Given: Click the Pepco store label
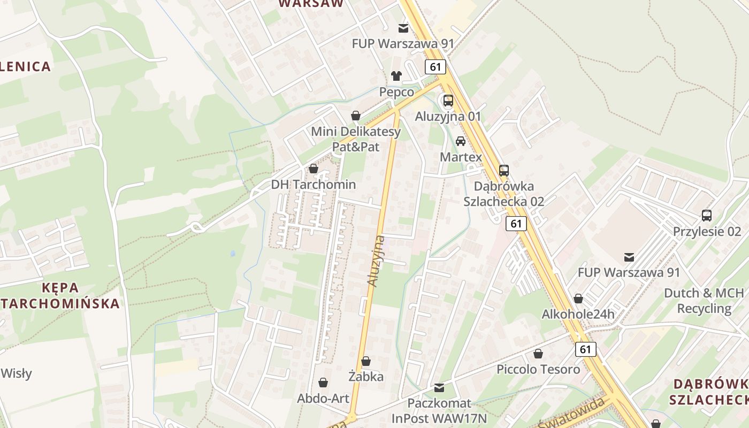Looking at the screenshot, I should [396, 92].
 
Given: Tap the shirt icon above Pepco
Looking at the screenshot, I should [396, 76].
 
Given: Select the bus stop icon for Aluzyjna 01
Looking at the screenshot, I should [448, 100].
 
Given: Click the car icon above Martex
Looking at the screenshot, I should [460, 141].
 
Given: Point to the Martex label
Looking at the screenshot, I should [461, 157].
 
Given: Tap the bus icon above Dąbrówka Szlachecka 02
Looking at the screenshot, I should [503, 171].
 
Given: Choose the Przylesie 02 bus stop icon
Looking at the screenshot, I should [706, 216].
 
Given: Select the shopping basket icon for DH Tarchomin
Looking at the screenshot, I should [313, 169].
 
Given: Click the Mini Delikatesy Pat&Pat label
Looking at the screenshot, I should [356, 139].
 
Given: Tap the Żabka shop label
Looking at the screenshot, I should [366, 377].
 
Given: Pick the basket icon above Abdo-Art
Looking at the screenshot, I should [323, 383].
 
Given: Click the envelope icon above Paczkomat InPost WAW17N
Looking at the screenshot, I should [439, 387].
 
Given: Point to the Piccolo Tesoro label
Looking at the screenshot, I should [538, 369].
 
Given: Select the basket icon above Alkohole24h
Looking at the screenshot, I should [578, 299].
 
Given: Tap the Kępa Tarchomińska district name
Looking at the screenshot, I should [60, 296].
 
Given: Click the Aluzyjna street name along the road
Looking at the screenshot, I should [377, 261].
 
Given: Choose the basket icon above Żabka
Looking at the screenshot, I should [366, 362].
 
